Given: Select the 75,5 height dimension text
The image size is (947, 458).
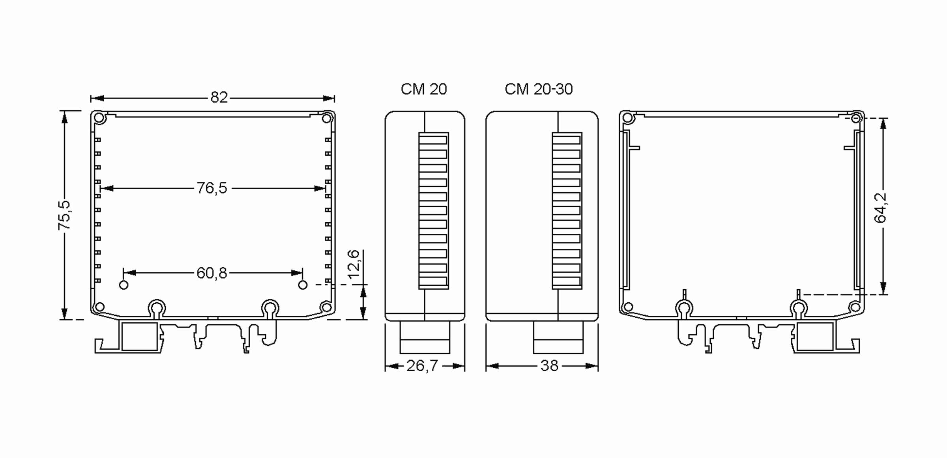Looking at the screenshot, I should point(64,215).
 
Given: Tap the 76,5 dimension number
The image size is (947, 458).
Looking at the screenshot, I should point(212,188).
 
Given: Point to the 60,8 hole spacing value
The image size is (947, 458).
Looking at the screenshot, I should point(212,273).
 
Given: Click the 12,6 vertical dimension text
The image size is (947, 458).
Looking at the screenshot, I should point(354,264).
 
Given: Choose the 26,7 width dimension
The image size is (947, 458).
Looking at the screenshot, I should point(422,366).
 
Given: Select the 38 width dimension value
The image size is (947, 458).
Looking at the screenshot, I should point(549,366).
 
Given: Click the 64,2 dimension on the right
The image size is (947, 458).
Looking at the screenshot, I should point(881,208).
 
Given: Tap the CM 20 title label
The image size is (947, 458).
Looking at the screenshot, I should point(424,89).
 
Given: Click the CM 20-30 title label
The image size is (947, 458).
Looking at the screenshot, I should point(539,89).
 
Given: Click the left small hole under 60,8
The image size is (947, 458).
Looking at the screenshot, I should point(124,285).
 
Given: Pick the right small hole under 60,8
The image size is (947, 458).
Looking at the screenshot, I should point(303,285).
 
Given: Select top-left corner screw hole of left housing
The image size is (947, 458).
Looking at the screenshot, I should point(99,118).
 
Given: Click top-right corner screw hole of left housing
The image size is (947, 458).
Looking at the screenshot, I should point(326,118).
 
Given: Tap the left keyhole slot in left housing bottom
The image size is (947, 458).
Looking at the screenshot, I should point(157,307).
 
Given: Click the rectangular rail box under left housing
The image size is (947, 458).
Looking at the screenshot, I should point(139,336).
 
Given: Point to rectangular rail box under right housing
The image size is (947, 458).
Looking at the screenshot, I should point(815,336).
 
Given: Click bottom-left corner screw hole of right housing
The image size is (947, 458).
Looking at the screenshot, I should point(628,307).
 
